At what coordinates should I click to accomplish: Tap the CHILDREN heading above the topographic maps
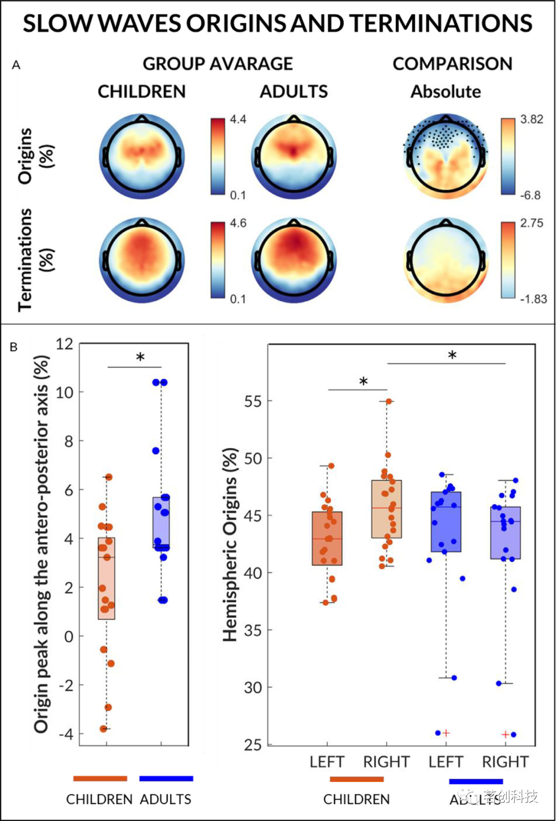(142, 92)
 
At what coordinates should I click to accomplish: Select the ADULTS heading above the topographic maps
(293, 92)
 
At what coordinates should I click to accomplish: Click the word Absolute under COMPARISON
(446, 92)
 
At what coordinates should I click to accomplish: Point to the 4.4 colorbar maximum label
(238, 119)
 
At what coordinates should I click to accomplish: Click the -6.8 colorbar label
(530, 195)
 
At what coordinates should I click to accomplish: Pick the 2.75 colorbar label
(531, 223)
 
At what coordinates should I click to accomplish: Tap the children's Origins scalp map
(142, 156)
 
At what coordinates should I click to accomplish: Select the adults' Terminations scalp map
(293, 260)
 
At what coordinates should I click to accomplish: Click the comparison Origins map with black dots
(446, 156)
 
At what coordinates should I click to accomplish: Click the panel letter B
(14, 347)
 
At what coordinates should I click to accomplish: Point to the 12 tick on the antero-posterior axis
(64, 344)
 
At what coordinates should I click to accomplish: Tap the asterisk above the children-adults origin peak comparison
(140, 358)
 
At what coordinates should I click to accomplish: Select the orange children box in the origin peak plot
(107, 578)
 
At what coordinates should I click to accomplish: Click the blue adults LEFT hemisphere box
(446, 522)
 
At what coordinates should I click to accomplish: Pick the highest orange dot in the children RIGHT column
(389, 401)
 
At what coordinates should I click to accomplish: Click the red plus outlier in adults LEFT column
(446, 733)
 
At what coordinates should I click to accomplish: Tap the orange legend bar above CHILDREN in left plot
(100, 778)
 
